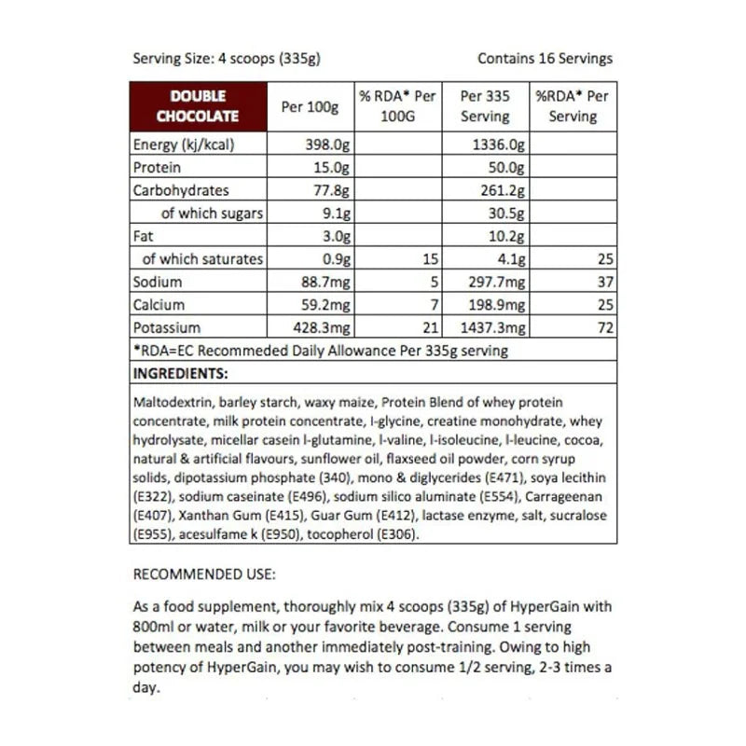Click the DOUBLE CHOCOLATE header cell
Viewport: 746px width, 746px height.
coord(198,106)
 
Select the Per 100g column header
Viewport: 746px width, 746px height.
coord(310,106)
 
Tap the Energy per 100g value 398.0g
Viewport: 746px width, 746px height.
coord(327,145)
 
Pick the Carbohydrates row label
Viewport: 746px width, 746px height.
coord(181,190)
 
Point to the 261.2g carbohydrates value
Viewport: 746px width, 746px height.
coord(503,190)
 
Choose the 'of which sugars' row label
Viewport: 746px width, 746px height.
coord(212,214)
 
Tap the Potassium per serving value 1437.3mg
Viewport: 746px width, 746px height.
coord(495,327)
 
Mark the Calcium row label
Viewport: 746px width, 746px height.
coord(159,304)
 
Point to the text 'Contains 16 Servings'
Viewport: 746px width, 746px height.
coord(545,58)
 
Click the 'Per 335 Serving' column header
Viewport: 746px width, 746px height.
coord(485,106)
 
